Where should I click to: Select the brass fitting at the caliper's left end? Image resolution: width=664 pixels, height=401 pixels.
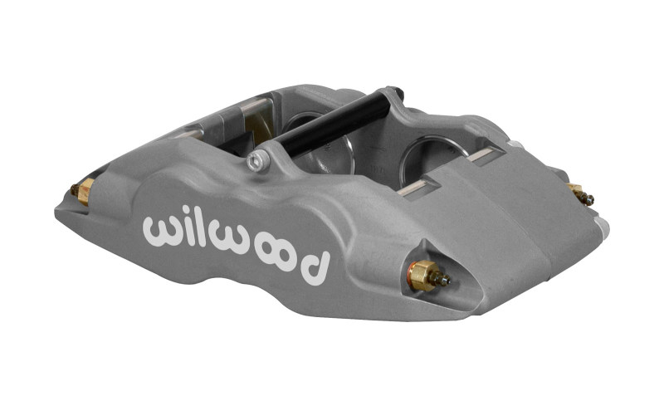coord(83,192)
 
